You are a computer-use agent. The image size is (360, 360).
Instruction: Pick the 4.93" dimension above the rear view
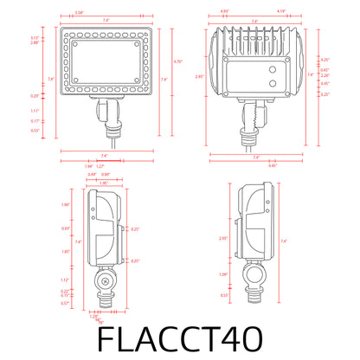(224, 12)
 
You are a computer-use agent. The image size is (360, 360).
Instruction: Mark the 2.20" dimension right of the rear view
(324, 75)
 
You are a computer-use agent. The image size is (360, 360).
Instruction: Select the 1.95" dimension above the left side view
(104, 183)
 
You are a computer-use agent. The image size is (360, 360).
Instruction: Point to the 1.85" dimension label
(66, 251)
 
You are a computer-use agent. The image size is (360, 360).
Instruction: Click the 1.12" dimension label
(66, 280)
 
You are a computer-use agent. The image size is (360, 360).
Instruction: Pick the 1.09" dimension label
(224, 274)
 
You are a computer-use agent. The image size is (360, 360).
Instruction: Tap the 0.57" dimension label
(66, 303)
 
